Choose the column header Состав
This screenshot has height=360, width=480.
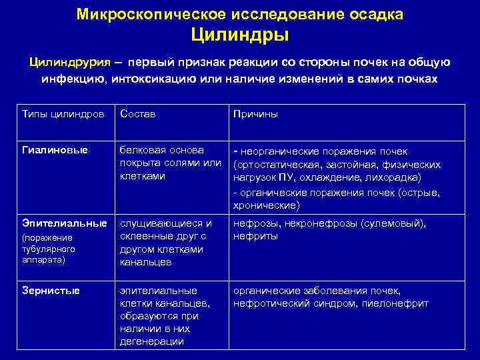(138, 114)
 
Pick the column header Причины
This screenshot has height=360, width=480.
(255, 114)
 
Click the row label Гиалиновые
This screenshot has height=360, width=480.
(56, 151)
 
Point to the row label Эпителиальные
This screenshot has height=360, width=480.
(65, 223)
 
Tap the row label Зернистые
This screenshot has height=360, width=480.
(51, 291)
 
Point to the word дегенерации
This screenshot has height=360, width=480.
(152, 341)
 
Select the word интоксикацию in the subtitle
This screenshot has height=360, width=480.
(144, 79)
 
